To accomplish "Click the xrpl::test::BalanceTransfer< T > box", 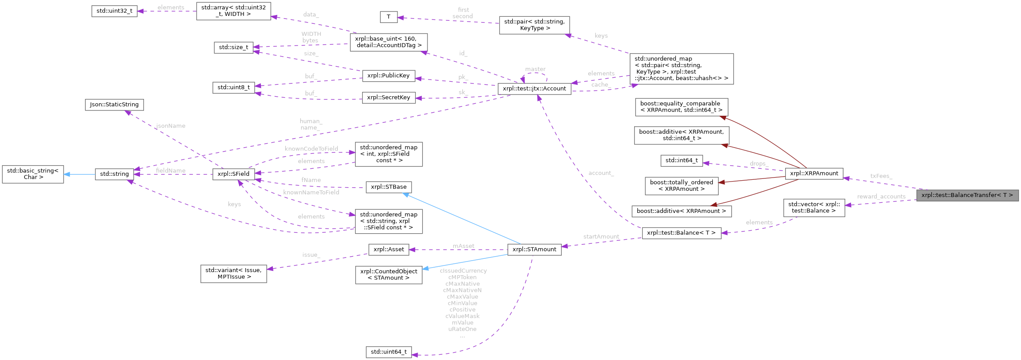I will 967,195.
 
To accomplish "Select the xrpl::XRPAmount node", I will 814,174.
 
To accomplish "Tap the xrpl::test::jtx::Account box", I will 534,89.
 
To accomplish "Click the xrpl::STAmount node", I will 534,250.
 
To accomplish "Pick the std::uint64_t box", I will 389,352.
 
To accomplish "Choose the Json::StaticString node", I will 114,105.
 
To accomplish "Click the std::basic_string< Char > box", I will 33,174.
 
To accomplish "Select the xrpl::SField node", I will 233,174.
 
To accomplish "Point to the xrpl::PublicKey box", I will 388,76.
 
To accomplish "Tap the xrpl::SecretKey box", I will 388,98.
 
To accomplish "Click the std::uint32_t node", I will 114,11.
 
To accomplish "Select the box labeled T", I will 388,17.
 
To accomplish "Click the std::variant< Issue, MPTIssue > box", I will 234,273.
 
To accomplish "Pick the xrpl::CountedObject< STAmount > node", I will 388,275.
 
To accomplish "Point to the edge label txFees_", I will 881,176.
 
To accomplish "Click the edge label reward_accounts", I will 881,197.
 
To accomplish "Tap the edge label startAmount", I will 601,237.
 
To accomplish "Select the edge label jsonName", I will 170,126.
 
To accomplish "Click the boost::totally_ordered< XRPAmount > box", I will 681,186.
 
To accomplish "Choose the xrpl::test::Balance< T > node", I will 681,233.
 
